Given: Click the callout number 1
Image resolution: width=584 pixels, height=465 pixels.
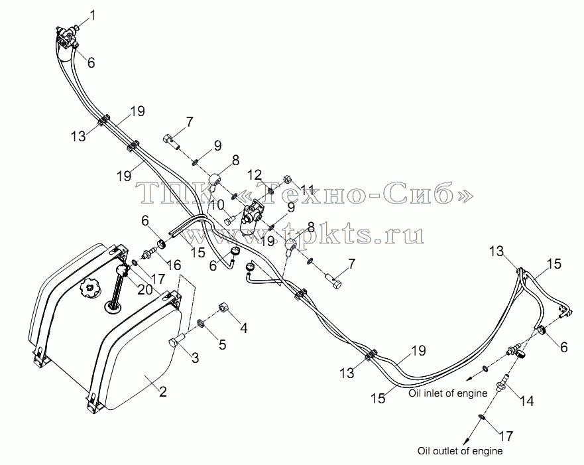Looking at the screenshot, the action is click(92, 16).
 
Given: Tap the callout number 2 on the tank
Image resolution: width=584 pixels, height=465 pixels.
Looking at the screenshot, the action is click(162, 391).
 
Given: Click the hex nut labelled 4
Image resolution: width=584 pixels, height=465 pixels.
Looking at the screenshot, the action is click(223, 308).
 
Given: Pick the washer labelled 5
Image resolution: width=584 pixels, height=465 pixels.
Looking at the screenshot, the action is click(201, 322).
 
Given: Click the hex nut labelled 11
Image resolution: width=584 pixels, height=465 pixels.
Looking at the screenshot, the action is click(288, 179).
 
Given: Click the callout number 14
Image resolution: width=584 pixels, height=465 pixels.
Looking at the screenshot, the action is click(526, 401).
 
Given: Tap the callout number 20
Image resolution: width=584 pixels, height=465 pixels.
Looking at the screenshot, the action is click(145, 289).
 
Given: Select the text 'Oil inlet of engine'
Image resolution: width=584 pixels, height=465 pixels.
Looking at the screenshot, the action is click(447, 393).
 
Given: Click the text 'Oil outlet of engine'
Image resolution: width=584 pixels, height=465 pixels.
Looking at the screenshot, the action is click(460, 451).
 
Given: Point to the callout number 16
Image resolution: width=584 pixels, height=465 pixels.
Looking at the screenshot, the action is click(174, 265).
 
